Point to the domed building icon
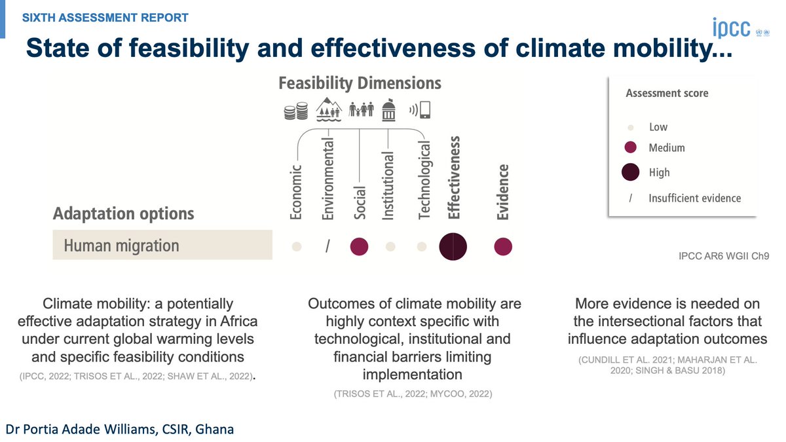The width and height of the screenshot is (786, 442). [x=389, y=110]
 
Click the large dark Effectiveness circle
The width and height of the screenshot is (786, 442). [x=453, y=247]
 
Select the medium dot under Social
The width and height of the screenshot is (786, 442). [x=360, y=247]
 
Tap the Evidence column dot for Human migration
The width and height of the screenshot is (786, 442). [x=503, y=247]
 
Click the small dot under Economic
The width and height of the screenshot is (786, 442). [x=297, y=247]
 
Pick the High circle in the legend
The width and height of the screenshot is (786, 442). [x=631, y=172]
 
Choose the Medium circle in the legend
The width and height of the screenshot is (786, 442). [x=631, y=147]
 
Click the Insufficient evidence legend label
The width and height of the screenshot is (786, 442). [x=694, y=198]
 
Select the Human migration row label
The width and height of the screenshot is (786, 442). [x=121, y=246]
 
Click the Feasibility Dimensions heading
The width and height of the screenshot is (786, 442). [x=360, y=84]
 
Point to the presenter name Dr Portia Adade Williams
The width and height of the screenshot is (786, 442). [x=120, y=429]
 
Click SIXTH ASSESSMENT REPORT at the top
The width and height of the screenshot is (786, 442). [x=105, y=18]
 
